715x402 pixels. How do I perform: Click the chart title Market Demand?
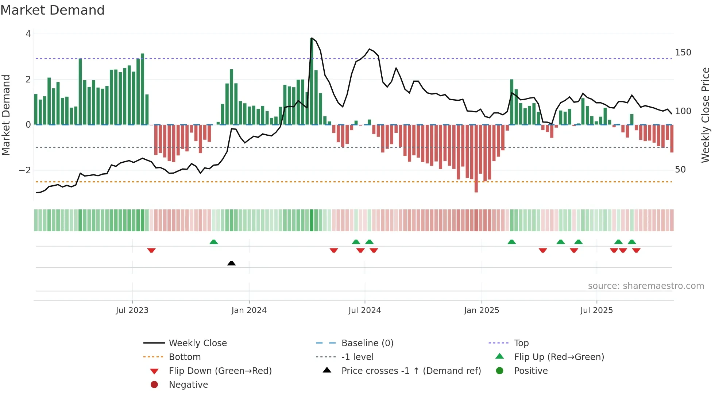click(53, 10)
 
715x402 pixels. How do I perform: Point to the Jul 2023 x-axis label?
click(132, 310)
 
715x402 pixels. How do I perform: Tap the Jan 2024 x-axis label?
click(249, 310)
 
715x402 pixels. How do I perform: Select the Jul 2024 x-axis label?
click(364, 310)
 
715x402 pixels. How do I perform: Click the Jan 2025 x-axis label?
click(482, 310)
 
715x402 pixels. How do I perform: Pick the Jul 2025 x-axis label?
click(596, 310)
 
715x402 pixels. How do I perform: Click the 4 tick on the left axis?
click(28, 34)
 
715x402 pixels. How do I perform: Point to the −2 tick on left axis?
click(25, 170)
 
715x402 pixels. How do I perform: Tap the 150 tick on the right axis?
click(683, 53)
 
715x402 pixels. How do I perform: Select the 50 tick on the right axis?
click(680, 170)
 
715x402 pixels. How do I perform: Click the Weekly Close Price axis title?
click(706, 115)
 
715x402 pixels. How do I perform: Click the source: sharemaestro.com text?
click(646, 286)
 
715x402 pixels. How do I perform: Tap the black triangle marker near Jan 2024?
click(231, 263)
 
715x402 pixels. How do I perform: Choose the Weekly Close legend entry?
click(197, 343)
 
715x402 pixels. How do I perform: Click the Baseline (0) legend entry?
click(367, 343)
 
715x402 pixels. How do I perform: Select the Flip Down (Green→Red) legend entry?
click(220, 371)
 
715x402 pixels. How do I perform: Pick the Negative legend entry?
click(188, 385)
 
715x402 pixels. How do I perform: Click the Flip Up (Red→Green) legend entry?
click(559, 357)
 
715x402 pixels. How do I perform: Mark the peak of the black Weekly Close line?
click(312, 38)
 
